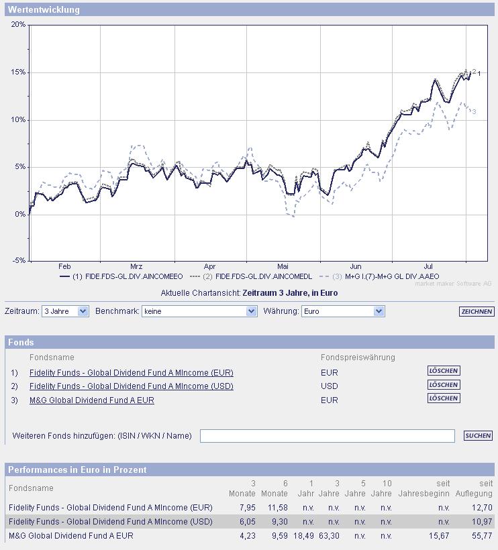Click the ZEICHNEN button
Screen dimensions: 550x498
(x=477, y=312)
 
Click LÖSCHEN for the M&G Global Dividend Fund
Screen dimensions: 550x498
(x=444, y=398)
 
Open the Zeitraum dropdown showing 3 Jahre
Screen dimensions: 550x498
(x=64, y=311)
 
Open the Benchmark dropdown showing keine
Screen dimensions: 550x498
(x=199, y=311)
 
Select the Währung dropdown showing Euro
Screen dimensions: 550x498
(x=342, y=311)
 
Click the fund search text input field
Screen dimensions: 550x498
(x=327, y=436)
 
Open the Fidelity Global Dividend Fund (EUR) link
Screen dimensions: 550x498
(x=132, y=373)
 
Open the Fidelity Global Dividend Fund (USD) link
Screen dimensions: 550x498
(x=132, y=386)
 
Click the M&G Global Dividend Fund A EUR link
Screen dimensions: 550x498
(x=92, y=400)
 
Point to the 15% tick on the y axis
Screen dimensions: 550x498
(x=18, y=72)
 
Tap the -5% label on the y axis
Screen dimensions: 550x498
(x=18, y=260)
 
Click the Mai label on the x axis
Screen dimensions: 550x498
(x=283, y=266)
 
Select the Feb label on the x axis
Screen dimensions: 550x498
(x=64, y=266)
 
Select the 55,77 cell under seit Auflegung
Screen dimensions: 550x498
(x=482, y=536)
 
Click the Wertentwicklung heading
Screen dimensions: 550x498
(x=44, y=10)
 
